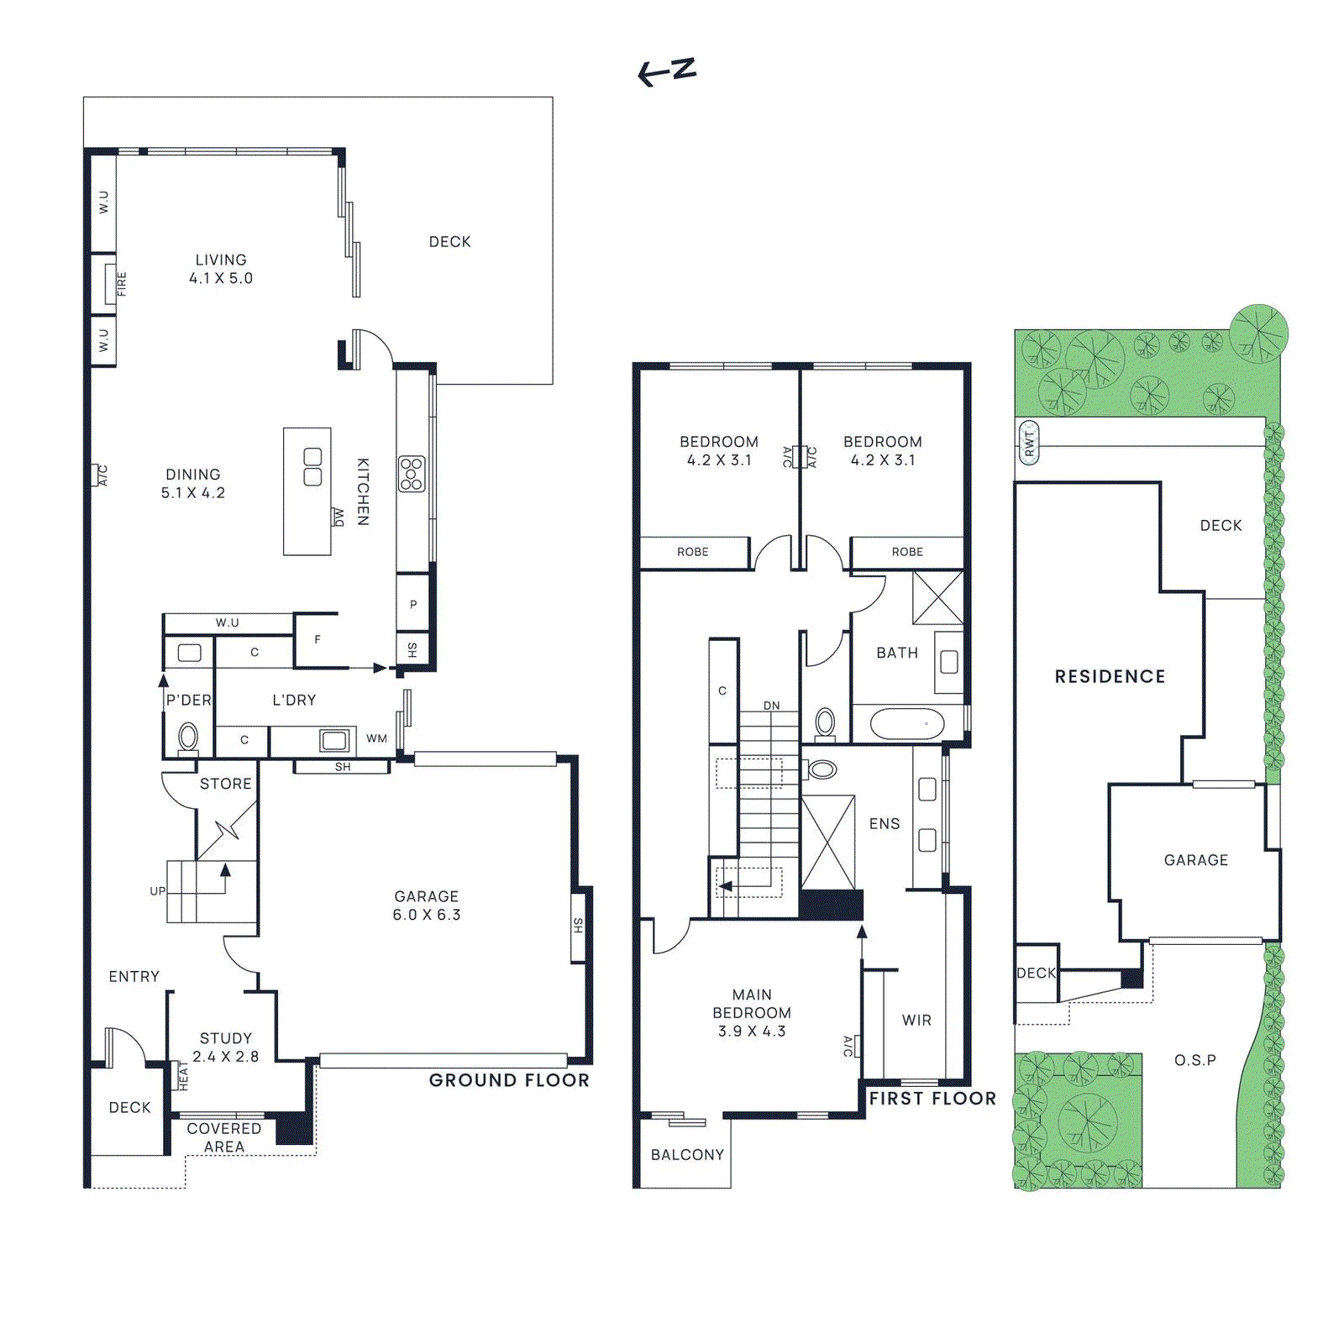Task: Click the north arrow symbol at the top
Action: (667, 71)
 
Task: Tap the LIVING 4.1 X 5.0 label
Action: (221, 269)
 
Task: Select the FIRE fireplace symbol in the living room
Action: (111, 284)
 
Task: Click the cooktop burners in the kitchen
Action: (412, 474)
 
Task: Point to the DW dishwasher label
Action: (339, 517)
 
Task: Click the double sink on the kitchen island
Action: (312, 467)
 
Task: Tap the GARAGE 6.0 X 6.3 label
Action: (427, 906)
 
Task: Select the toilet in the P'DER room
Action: (188, 738)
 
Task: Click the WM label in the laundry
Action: (376, 738)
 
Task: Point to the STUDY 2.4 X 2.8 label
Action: (225, 1047)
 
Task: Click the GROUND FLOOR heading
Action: (509, 1080)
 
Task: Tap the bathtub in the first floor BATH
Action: (907, 723)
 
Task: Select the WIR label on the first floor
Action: (916, 1020)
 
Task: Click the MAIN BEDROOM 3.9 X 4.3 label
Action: (752, 1012)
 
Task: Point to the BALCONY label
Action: (687, 1154)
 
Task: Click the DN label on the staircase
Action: (771, 706)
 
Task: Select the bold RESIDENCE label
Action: (1110, 676)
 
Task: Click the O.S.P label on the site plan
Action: (1194, 1060)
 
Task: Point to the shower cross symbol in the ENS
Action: (828, 842)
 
